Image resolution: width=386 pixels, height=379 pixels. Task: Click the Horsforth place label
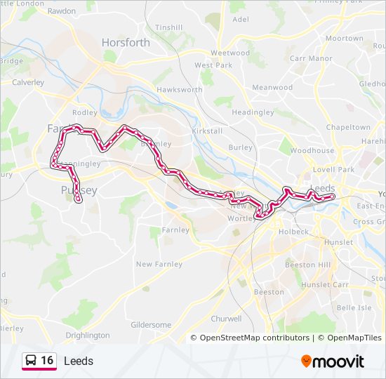point(126,42)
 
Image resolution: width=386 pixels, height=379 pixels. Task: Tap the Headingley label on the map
point(247,112)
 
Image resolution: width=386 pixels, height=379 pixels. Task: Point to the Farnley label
point(175,230)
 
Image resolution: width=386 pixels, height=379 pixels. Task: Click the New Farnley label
point(159,265)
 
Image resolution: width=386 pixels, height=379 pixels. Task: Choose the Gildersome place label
point(151,325)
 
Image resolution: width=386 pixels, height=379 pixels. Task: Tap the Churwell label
point(226,318)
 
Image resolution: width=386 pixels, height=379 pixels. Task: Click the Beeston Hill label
point(307,265)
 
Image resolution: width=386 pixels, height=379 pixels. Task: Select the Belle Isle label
point(354,308)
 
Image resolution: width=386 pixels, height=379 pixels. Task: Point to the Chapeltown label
point(348,128)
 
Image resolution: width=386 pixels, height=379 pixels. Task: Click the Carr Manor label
point(311,58)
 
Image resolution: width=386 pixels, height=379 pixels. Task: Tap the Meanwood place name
point(272,88)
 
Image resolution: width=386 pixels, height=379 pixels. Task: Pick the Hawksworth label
point(180,90)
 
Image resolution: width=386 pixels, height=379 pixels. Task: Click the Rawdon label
point(61,11)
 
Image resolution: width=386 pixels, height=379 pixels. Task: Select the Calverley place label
point(27,82)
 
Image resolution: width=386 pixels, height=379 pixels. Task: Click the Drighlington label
point(88,335)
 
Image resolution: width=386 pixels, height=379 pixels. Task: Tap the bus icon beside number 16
point(31,361)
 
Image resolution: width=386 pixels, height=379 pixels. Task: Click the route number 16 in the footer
point(47,361)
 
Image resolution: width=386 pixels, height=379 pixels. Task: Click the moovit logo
point(333,361)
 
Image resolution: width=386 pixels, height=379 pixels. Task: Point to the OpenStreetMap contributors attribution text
point(254,338)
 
